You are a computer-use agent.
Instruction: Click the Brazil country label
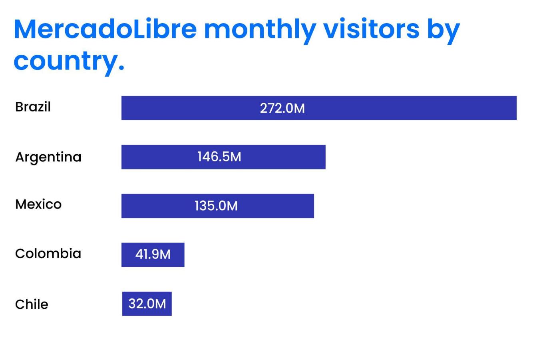coord(33,107)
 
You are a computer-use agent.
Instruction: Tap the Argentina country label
coord(48,157)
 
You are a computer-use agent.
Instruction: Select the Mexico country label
coord(38,205)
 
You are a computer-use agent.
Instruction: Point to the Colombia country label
coord(48,254)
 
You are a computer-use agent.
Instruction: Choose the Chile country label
coord(32,304)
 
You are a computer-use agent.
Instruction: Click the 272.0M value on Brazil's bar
coord(282,108)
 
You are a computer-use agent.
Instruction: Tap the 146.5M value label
coord(219,157)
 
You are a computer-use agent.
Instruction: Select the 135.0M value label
coord(216,206)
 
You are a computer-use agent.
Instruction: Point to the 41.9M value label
coord(153,255)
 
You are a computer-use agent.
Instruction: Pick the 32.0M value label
coord(147,304)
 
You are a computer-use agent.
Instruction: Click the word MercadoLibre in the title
coord(105,29)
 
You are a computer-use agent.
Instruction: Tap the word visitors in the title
coord(371,29)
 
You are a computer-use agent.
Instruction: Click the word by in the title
coord(444,31)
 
